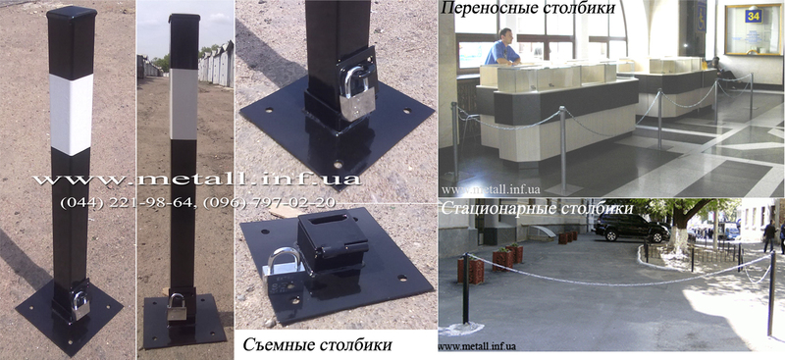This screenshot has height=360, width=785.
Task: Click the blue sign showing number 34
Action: [753, 16]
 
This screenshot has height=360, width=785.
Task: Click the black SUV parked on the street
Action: [632, 228]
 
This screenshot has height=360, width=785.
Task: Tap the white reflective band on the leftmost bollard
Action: [71, 114]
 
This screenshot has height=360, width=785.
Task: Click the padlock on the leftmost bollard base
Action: [81, 305]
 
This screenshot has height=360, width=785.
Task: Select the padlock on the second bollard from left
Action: [177, 307]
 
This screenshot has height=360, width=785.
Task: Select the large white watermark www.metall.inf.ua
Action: [196, 180]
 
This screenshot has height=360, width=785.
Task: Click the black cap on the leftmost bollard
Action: [72, 13]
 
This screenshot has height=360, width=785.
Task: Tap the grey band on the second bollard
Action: [183, 104]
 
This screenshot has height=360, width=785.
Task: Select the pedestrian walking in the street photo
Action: [769, 235]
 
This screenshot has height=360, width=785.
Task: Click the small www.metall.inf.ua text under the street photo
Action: [477, 346]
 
